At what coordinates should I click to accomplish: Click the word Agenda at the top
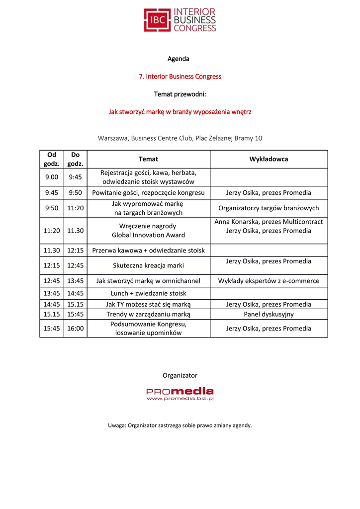[179, 59]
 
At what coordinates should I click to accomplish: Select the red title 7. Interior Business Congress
[180, 77]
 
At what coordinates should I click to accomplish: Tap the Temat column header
[148, 159]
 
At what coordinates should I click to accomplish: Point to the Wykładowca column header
[269, 159]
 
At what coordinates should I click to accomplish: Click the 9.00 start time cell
[52, 177]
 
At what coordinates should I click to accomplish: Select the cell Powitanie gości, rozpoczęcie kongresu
[148, 193]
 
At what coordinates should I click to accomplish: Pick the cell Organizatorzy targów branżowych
[269, 208]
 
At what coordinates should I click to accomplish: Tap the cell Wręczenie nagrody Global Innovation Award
[148, 231]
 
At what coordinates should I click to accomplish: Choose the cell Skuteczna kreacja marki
[148, 265]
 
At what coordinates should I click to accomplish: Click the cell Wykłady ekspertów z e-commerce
[269, 281]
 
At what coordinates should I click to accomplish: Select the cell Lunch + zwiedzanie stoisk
[148, 293]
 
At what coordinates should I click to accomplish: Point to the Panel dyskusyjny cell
[269, 314]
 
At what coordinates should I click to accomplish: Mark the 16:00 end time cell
[76, 328]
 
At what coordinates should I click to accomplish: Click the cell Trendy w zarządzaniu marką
[148, 314]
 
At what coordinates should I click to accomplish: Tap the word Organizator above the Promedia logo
[180, 375]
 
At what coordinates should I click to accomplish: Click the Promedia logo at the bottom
[180, 394]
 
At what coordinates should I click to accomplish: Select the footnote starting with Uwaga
[180, 425]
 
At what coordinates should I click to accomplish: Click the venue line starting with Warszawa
[180, 138]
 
